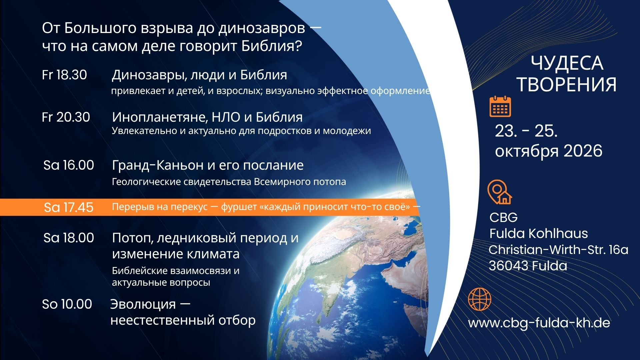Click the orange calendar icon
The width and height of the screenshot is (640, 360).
500,106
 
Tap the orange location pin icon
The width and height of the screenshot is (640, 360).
499,192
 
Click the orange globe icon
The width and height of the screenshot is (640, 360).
480,299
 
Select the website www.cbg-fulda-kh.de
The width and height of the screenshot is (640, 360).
539,323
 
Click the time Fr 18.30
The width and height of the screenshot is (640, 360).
64,75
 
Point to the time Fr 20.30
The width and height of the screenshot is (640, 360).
66,117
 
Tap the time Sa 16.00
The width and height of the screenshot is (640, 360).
69,165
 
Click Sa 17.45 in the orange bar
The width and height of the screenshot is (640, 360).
69,207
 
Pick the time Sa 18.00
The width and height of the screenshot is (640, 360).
69,238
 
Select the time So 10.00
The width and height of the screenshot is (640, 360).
67,304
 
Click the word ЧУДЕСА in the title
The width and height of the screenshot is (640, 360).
567,63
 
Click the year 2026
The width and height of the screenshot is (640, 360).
583,151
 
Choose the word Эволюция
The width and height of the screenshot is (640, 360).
143,304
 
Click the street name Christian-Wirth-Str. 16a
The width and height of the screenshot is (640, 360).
558,250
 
